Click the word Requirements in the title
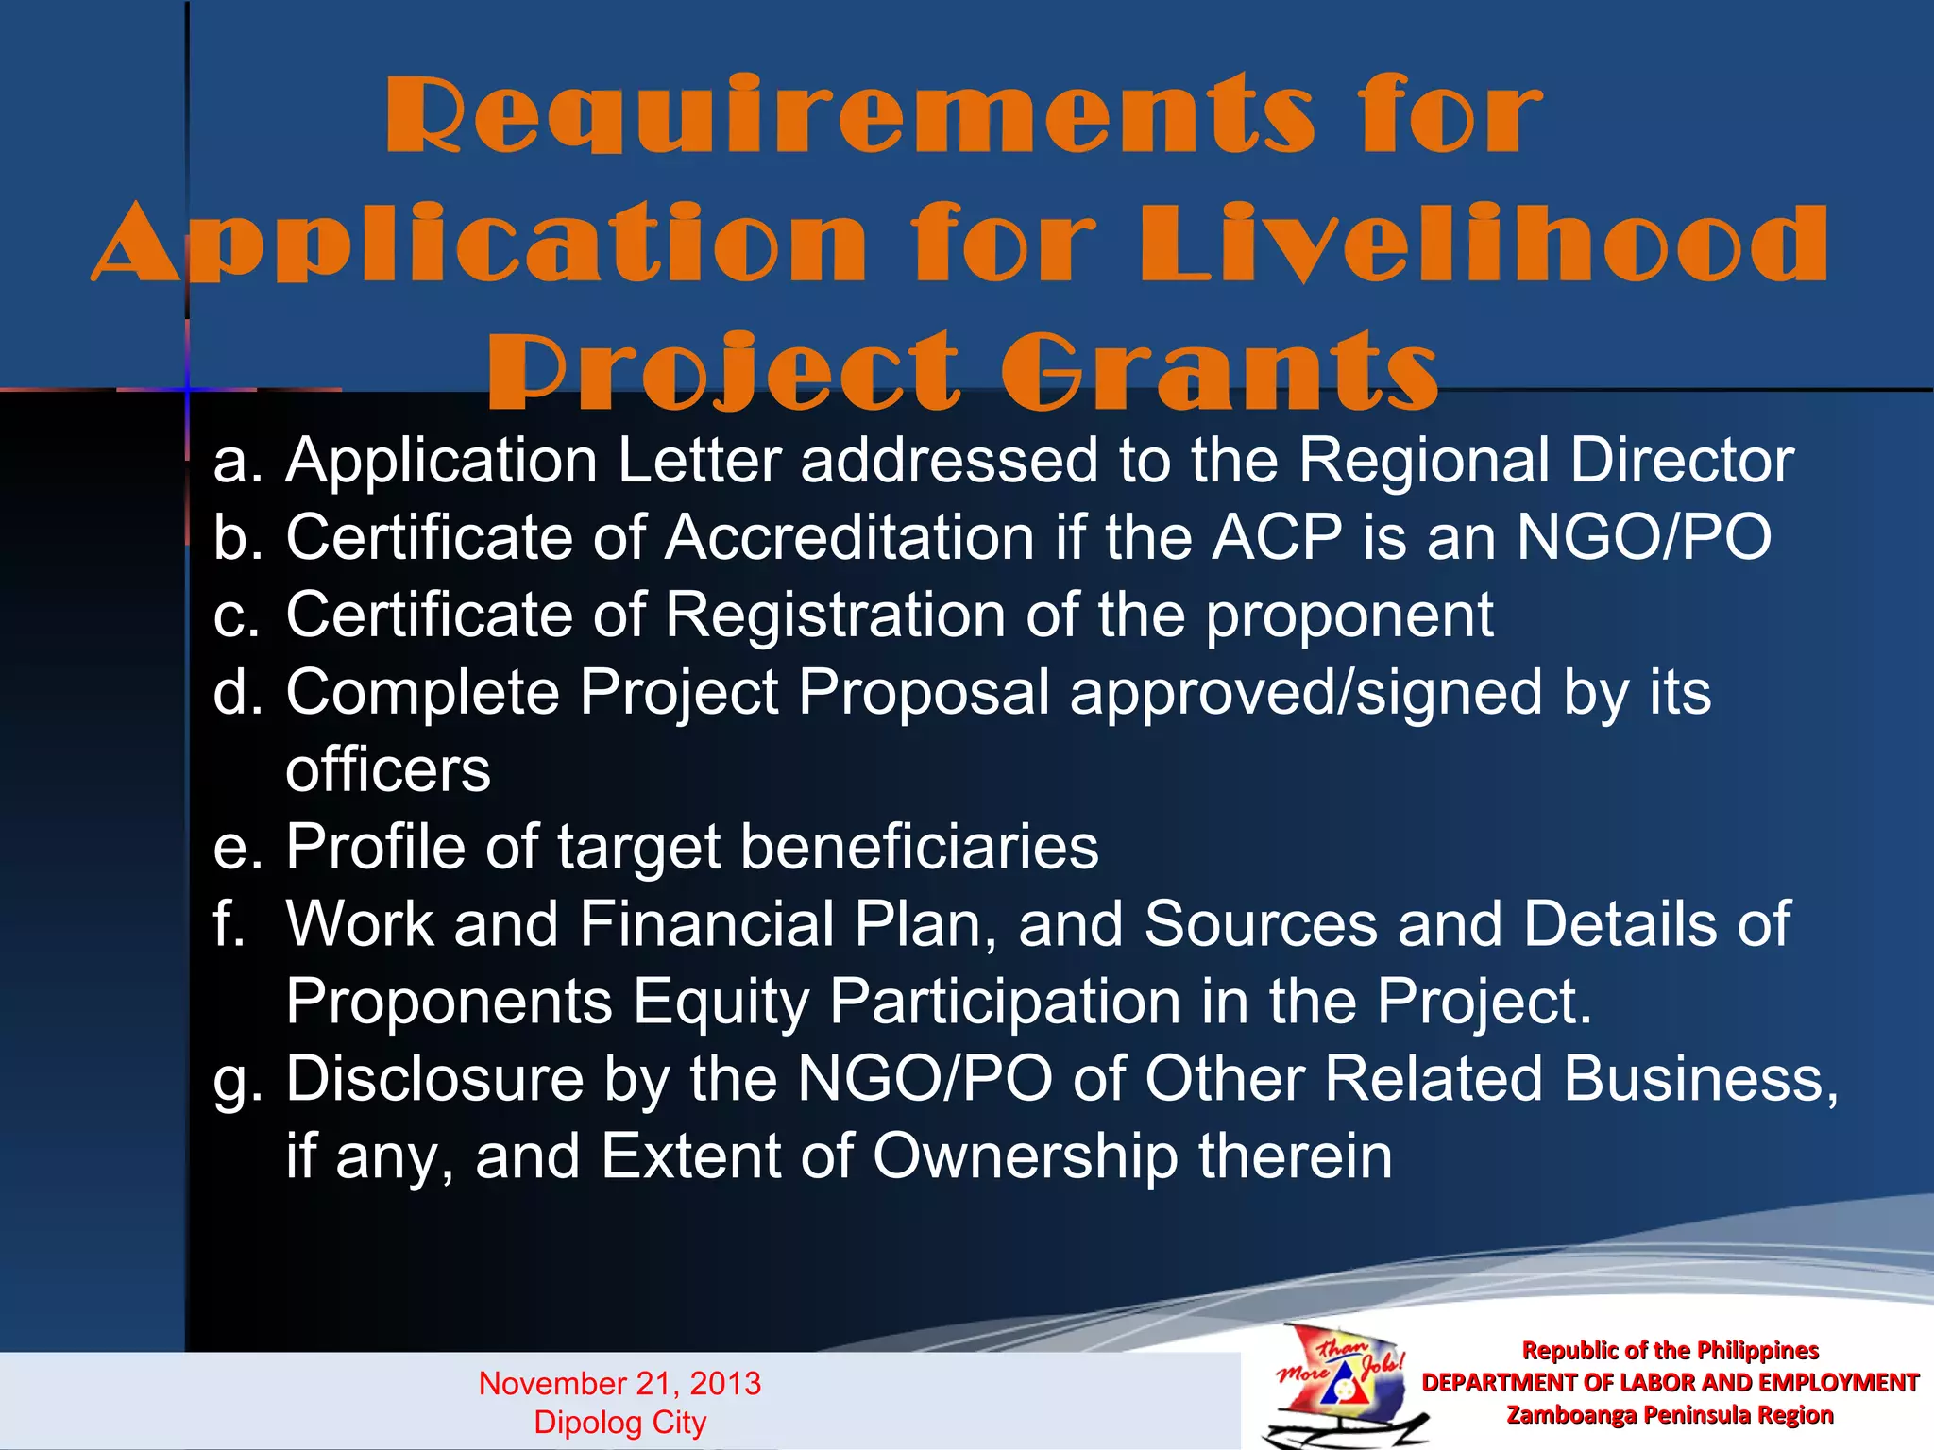pos(848,115)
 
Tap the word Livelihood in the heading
pos(1484,243)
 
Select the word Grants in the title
pos(1218,372)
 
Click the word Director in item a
pos(1681,461)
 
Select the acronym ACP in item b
pos(1276,538)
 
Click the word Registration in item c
pos(835,615)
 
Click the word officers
pos(388,769)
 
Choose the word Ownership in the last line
pos(1025,1156)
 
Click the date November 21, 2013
pos(619,1383)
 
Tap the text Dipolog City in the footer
pos(619,1422)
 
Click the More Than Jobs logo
pos(1341,1383)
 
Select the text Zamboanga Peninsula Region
pos(1669,1415)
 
